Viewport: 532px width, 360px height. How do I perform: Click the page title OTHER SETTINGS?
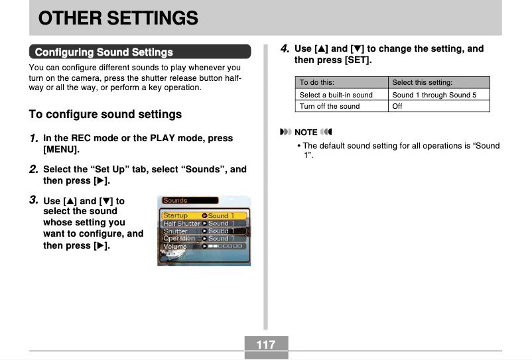118,18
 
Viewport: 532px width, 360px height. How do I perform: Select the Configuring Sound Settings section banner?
103,52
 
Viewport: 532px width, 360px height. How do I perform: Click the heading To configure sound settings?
105,114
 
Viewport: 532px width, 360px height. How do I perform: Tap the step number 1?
33,139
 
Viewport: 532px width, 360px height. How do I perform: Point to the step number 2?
33,169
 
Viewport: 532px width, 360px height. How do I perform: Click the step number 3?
33,200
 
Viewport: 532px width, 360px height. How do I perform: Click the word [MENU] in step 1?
61,150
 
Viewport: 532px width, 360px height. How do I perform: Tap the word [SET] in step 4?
358,60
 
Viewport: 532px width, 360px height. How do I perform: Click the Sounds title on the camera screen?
176,200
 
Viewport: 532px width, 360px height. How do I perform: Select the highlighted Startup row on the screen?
204,215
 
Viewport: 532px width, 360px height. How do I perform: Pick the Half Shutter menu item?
181,223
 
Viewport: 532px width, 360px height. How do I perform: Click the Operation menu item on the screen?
179,238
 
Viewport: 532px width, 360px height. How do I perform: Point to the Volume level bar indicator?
226,246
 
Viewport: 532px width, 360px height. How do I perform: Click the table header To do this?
317,83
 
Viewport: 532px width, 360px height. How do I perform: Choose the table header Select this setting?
422,83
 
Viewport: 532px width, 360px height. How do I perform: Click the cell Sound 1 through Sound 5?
434,95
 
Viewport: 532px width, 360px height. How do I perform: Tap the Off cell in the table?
397,106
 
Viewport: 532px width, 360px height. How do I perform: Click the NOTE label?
306,132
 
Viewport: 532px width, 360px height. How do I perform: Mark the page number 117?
266,345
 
